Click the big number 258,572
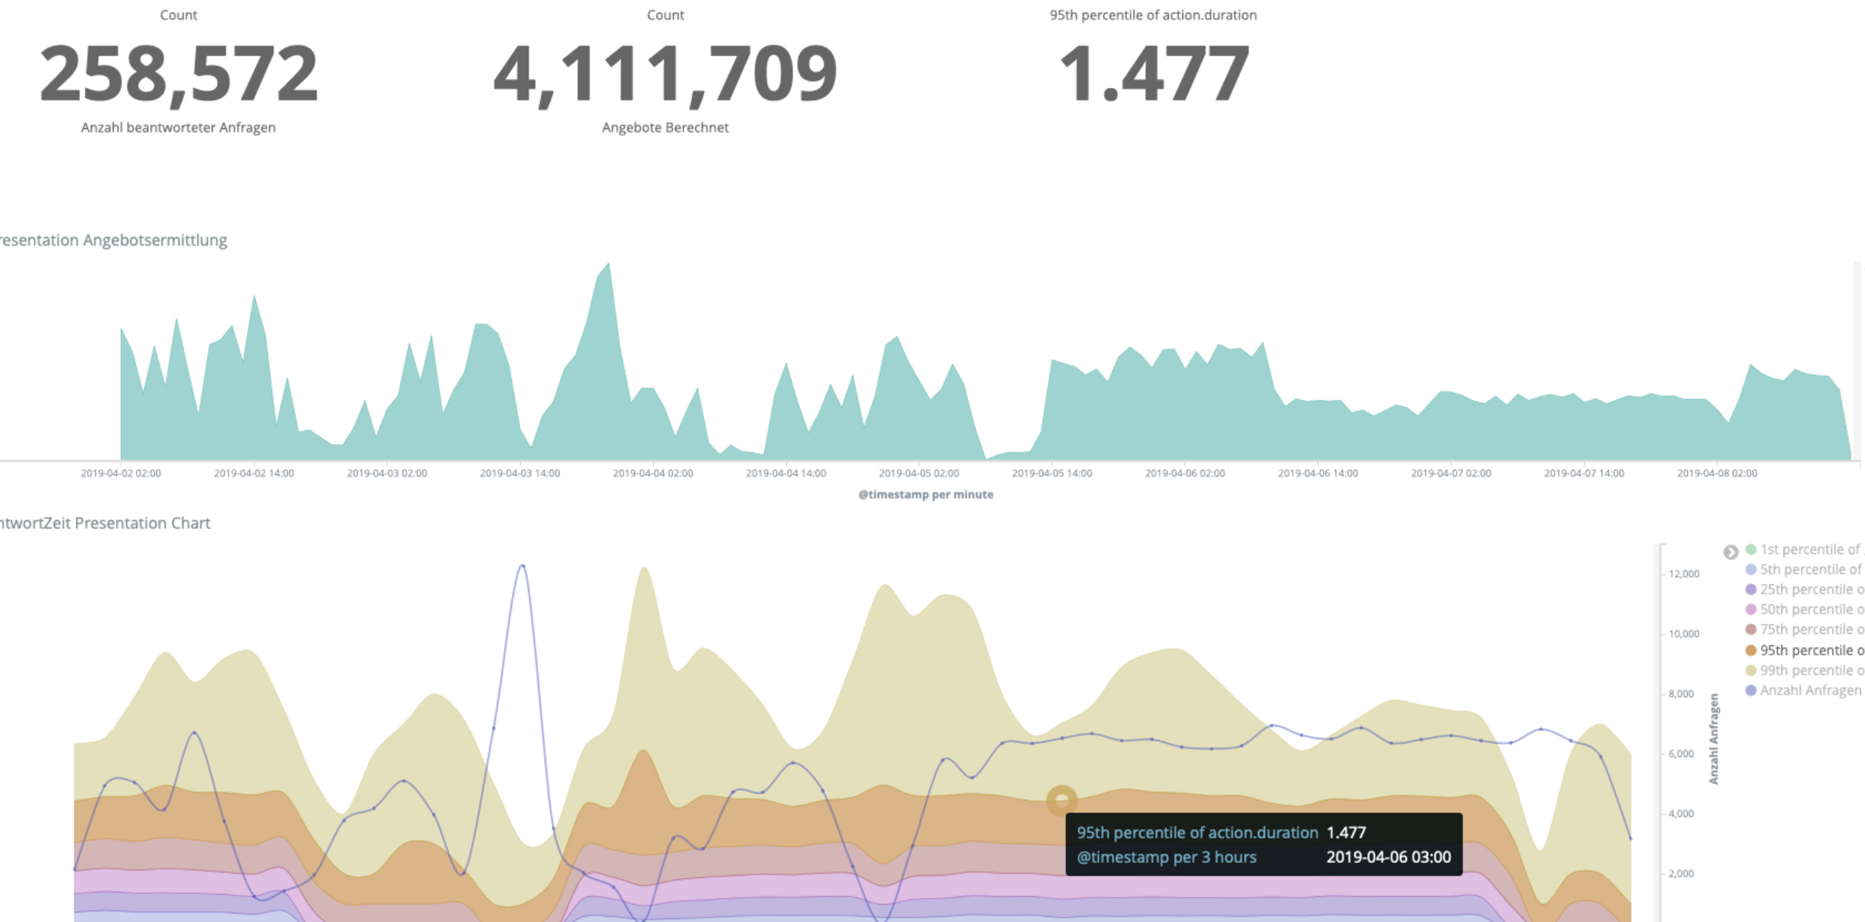point(179,73)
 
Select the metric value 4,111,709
point(665,73)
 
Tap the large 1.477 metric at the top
point(1154,73)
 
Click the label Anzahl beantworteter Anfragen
point(178,127)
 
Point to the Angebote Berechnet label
point(665,127)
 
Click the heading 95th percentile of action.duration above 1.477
point(1153,15)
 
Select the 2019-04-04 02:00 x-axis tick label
point(652,474)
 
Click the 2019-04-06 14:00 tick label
point(1318,474)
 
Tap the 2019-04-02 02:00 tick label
point(121,474)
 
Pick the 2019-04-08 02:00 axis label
point(1717,474)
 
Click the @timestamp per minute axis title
point(925,495)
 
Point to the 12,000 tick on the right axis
point(1684,574)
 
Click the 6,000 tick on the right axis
point(1681,754)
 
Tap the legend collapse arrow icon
point(1730,552)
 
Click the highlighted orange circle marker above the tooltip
point(1061,801)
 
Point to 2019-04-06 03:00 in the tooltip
point(1388,858)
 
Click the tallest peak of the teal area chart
point(608,265)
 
